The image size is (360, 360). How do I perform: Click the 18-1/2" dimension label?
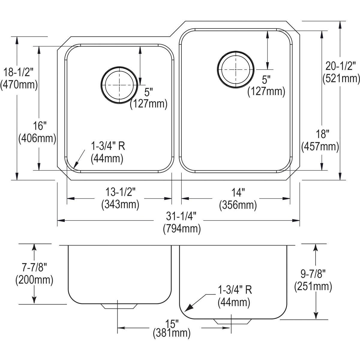tap(19, 72)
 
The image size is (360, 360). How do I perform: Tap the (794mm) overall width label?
tap(182, 229)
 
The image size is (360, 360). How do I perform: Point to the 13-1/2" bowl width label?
tap(120, 191)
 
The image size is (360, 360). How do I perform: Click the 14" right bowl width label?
tap(238, 192)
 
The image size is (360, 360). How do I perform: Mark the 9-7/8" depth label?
tap(313, 274)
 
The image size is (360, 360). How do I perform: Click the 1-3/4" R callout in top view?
tap(107, 146)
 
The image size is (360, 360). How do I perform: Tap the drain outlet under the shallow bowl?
tap(119, 306)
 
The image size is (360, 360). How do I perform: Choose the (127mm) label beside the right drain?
tap(266, 91)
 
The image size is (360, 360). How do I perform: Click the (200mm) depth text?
tap(34, 280)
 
